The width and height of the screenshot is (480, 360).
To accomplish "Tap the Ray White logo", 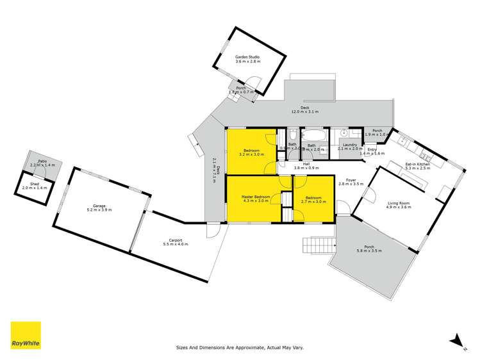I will pos(25,336).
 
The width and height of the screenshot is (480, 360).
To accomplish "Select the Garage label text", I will pos(99,206).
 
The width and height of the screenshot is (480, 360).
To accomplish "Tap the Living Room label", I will pos(398,204).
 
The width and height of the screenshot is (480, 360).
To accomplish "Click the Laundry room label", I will pos(350,145).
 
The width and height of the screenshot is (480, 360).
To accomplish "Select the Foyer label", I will pos(351,180).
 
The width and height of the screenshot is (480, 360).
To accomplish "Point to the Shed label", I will pos(30,184).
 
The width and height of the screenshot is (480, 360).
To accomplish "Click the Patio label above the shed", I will pos(42,161).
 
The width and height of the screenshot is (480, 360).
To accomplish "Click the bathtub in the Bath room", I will pos(313,136).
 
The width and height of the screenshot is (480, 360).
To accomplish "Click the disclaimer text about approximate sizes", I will pos(240,348).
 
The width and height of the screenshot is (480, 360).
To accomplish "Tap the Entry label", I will pos(372,150).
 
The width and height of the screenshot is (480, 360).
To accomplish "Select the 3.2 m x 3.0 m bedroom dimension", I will pos(251,154).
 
